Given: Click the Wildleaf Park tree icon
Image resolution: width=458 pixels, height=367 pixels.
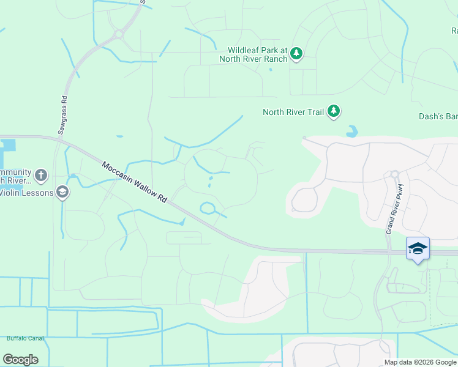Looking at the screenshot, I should (x=296, y=54).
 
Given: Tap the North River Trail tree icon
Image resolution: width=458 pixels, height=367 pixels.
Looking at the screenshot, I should (x=334, y=111).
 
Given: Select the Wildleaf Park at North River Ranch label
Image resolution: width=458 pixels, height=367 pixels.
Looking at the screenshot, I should (x=257, y=54).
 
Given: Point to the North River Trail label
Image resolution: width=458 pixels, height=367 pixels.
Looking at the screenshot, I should (x=293, y=112).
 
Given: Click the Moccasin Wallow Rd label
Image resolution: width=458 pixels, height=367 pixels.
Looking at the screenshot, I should (x=134, y=182).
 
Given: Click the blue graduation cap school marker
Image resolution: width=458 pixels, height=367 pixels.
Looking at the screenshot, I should (x=418, y=248).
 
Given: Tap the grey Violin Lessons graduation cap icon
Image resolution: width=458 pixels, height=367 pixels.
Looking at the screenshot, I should (x=62, y=193).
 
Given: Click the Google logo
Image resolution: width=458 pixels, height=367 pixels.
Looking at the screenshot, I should (x=20, y=359).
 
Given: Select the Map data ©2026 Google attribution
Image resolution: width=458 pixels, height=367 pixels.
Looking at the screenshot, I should (x=419, y=362).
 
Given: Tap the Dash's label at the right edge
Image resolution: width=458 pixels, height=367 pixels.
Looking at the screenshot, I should (x=443, y=116).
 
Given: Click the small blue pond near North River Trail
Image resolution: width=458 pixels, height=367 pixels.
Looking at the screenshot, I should (x=351, y=131).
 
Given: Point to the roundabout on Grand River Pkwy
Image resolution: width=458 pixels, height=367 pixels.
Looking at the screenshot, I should (x=394, y=174).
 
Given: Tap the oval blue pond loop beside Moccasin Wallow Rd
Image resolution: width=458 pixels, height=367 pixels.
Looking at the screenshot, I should (x=208, y=209).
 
